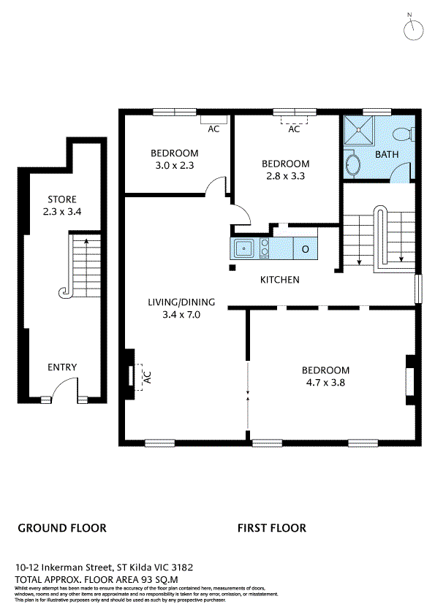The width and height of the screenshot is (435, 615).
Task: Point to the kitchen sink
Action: pyautogui.click(x=243, y=249)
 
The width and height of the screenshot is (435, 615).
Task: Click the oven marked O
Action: pyautogui.click(x=305, y=249)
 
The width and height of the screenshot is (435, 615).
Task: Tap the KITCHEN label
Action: pyautogui.click(x=280, y=280)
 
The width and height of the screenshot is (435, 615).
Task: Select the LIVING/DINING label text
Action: pyautogui.click(x=174, y=301)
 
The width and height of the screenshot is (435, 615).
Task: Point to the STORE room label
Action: pyautogui.click(x=62, y=199)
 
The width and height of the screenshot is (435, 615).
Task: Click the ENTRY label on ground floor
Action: pyautogui.click(x=62, y=367)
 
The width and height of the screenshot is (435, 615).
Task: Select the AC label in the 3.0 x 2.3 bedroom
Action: pyautogui.click(x=213, y=129)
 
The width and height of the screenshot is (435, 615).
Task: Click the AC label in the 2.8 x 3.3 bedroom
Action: pyautogui.click(x=294, y=129)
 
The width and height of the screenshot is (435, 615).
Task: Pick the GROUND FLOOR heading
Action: pyautogui.click(x=62, y=527)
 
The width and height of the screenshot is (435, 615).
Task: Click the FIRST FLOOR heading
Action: pyautogui.click(x=272, y=527)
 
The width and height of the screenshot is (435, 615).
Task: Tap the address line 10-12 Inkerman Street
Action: pyautogui.click(x=105, y=567)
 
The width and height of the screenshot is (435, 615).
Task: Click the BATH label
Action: pyautogui.click(x=387, y=155)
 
